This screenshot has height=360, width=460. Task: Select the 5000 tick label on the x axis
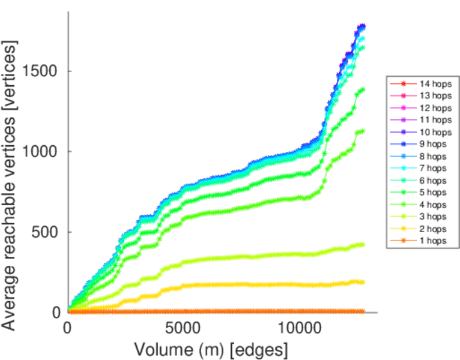(183, 329)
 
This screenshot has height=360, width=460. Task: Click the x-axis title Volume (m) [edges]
(211, 349)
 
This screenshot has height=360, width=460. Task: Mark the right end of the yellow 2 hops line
(362, 282)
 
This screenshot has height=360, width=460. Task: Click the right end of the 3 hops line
(362, 244)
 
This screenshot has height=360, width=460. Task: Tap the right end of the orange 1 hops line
(362, 311)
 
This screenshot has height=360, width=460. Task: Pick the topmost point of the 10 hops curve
(362, 26)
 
